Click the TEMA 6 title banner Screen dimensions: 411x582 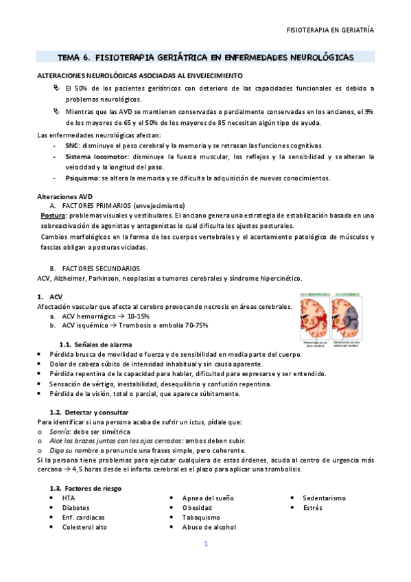coord(205,58)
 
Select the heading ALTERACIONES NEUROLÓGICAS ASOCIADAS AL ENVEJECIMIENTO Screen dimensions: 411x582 coord(139,75)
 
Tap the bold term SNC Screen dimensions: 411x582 coord(71,145)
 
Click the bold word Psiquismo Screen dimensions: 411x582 coord(82,178)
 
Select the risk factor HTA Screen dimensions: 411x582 coord(69,498)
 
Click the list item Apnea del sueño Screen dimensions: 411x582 coord(206,498)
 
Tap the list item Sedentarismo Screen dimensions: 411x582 coord(326,498)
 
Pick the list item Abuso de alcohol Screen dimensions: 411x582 coord(209,527)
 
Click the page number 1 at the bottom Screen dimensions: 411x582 coord(205,544)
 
